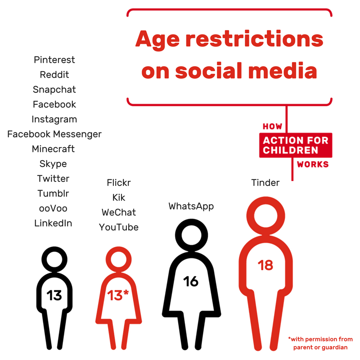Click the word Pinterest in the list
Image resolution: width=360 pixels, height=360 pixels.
click(x=54, y=60)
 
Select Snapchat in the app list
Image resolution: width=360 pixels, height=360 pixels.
click(x=54, y=90)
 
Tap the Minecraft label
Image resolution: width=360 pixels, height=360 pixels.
click(x=53, y=148)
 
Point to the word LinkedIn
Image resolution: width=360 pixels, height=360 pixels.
click(x=53, y=223)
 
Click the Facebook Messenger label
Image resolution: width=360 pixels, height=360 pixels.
click(x=54, y=134)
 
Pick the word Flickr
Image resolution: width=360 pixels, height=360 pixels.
click(x=119, y=183)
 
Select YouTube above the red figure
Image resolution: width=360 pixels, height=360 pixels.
click(x=119, y=227)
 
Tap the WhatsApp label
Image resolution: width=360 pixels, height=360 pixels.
click(x=191, y=206)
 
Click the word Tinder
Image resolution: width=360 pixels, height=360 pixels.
click(x=265, y=183)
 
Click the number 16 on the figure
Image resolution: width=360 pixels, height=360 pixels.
click(x=191, y=281)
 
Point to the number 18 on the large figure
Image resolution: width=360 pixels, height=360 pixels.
click(x=265, y=265)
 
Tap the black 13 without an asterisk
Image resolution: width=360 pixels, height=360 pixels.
click(x=54, y=295)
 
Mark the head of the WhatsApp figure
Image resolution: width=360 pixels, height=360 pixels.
click(x=191, y=234)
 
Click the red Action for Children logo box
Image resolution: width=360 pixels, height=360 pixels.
click(x=295, y=145)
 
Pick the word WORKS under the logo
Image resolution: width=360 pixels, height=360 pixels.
click(x=313, y=164)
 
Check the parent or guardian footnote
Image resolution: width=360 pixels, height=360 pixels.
click(x=320, y=343)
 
